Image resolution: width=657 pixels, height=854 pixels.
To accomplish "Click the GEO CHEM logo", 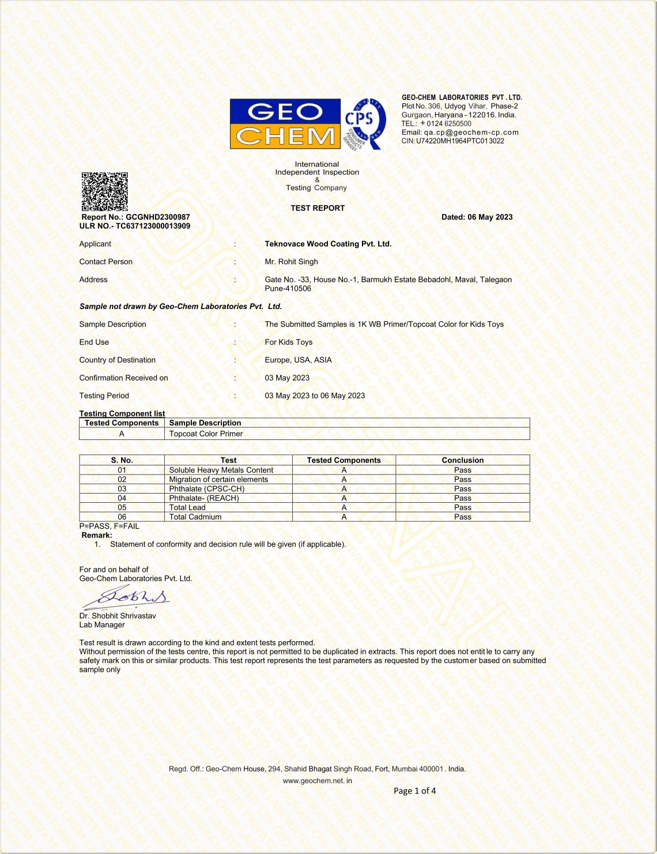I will [285, 123].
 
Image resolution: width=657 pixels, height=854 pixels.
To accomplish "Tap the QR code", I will [104, 191].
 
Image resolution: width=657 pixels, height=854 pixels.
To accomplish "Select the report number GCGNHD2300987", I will [157, 217].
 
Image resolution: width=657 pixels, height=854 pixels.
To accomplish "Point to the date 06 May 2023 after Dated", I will [490, 217].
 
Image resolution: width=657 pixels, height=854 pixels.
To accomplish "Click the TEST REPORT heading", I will [318, 208].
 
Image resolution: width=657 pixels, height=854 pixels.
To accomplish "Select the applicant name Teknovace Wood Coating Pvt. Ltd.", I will [328, 244].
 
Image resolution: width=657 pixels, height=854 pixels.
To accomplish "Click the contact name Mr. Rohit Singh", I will [291, 262].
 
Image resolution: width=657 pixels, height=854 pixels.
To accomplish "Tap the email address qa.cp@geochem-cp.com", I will [471, 132].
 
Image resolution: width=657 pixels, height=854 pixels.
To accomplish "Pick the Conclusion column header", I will [462, 460].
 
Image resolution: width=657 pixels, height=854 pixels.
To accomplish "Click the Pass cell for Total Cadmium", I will [462, 517].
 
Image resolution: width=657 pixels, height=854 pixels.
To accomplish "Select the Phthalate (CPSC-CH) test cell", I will [206, 489].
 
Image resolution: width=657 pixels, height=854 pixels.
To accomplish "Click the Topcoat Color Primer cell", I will [206, 434].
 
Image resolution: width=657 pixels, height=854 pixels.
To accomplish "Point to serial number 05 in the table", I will [122, 507].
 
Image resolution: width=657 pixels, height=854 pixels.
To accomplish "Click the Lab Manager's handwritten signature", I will [127, 597].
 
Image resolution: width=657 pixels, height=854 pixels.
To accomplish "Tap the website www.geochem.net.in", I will [317, 781].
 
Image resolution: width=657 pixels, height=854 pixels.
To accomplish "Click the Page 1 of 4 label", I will [414, 791].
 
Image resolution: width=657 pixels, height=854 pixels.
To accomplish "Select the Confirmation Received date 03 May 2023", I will [287, 378].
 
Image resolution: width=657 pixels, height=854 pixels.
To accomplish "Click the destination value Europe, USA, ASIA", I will [298, 360].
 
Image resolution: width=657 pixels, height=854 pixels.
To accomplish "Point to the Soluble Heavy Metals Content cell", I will [221, 470].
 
